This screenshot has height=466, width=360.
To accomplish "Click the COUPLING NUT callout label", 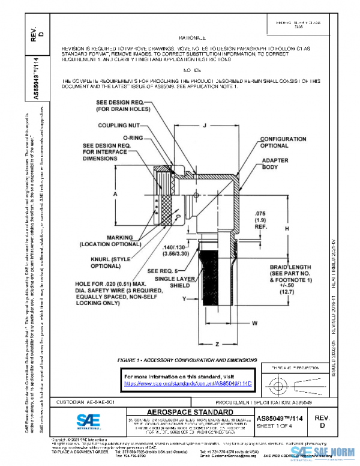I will pos(119,126).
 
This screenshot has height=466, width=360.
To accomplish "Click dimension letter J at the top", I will pos(205,126).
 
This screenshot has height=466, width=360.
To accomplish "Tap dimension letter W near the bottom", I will pos(254,322).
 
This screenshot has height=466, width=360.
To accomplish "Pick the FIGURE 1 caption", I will pos(187,359).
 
